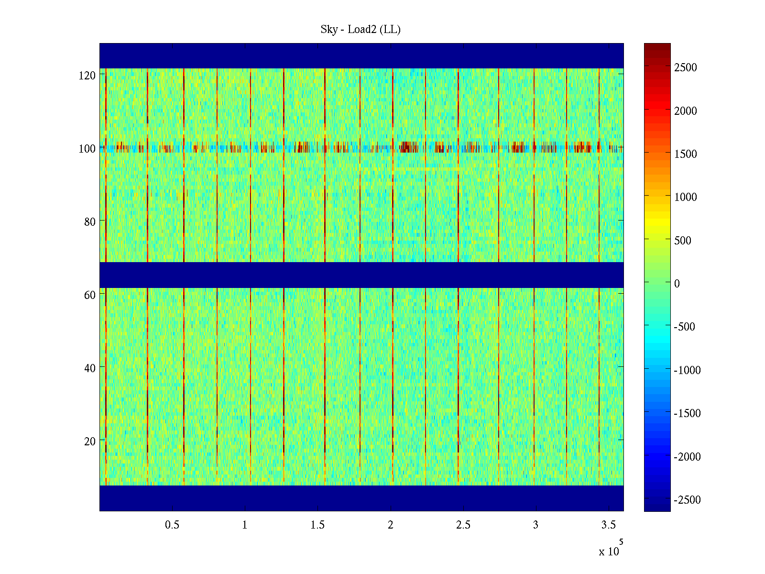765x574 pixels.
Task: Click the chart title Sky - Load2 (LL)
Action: click(361, 30)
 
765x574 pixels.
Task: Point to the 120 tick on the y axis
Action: click(87, 75)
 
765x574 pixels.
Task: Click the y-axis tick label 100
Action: click(87, 149)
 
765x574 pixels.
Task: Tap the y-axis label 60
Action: click(90, 295)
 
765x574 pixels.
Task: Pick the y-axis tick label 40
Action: click(90, 368)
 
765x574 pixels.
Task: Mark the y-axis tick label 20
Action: click(90, 442)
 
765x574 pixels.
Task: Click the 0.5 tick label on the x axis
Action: click(172, 525)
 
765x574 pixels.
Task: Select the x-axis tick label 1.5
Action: click(317, 525)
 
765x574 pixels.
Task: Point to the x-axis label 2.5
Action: click(463, 525)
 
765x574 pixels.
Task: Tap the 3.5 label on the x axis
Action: click(608, 525)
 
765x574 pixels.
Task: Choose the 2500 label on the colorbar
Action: click(686, 67)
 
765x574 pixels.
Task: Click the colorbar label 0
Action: click(677, 284)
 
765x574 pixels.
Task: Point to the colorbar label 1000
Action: click(686, 197)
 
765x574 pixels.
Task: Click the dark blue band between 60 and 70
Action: click(361, 275)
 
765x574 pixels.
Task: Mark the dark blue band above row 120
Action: click(361, 55)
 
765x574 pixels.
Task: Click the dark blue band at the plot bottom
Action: click(361, 498)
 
